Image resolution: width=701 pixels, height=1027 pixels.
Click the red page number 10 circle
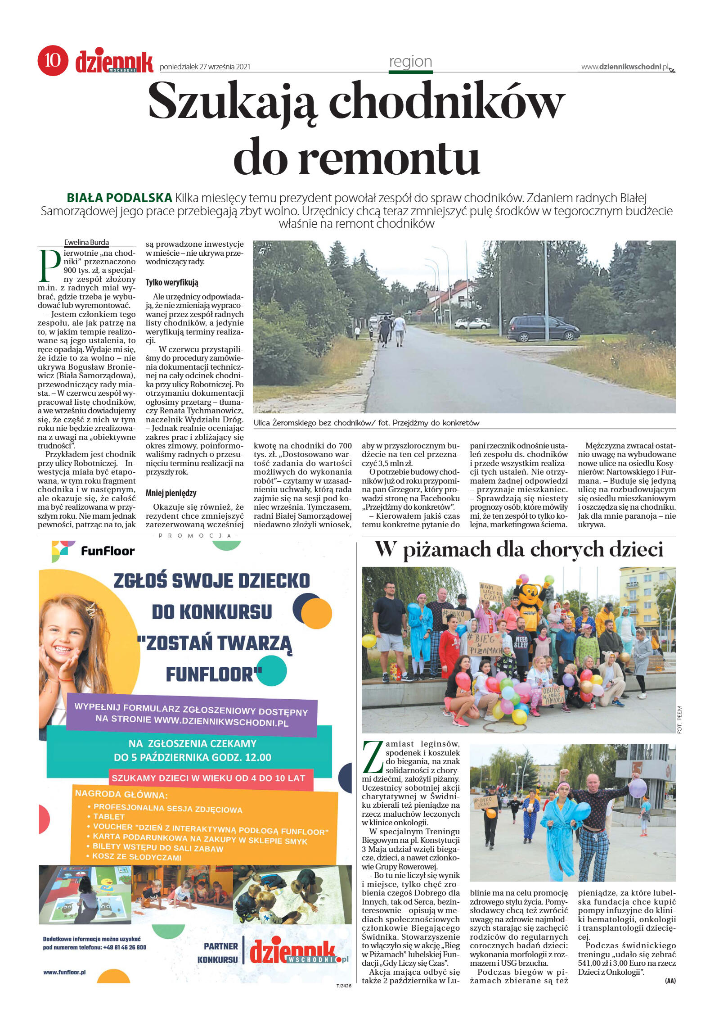53,60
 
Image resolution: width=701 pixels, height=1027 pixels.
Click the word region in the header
410,62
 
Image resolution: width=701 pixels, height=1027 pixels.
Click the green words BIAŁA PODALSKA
119,198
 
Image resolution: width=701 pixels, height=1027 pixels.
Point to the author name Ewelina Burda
86,243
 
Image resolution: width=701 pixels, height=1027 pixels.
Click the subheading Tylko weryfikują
172,283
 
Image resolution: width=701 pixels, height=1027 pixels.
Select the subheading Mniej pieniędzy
171,493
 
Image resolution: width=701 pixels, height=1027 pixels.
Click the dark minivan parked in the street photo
543,329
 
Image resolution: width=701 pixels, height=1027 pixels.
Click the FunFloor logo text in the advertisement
108,551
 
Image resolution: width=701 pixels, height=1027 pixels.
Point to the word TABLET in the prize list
109,816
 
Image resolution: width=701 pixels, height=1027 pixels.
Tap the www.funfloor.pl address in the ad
64,972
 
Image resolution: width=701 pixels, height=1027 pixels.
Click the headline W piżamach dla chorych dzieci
518,550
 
